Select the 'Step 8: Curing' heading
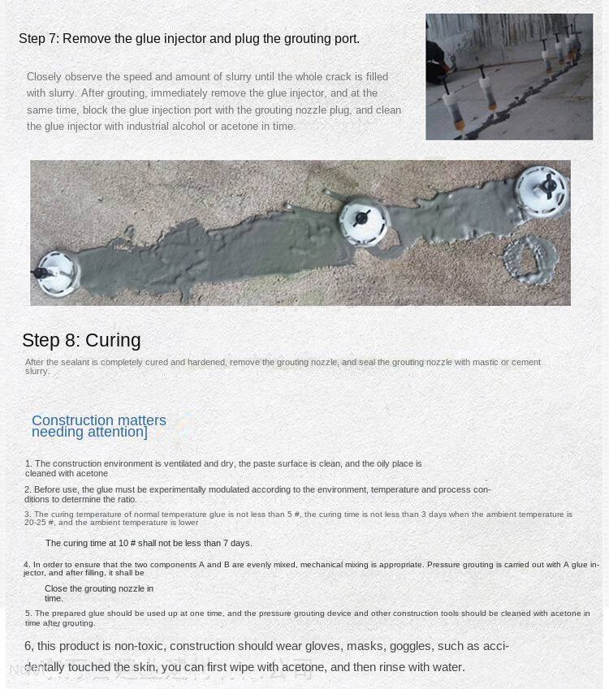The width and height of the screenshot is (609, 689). [x=81, y=341]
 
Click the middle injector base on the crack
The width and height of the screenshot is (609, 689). [x=364, y=217]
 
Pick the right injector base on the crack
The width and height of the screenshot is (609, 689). [x=541, y=188]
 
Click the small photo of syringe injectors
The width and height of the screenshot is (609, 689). [x=509, y=77]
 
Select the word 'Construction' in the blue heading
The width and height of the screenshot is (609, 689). [x=68, y=420]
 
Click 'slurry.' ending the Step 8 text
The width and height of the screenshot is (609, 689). [x=37, y=372]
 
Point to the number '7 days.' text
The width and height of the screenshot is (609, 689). [x=236, y=543]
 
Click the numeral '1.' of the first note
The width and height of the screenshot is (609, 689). [x=28, y=464]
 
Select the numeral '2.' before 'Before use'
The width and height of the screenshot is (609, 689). [x=28, y=490]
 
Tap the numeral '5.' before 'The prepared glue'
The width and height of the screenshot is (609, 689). [x=28, y=614]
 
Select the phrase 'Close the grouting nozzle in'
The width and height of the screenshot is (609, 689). [x=99, y=588]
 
